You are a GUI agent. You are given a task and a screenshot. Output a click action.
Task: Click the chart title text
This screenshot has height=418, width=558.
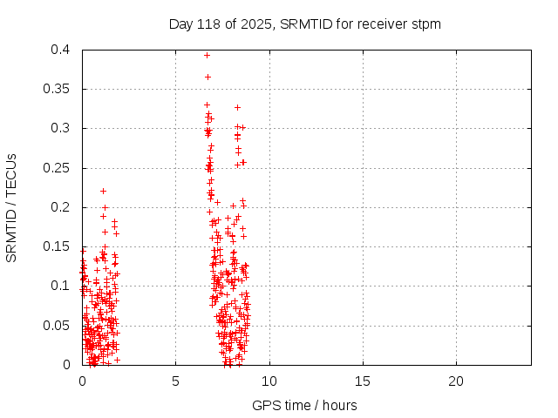(304, 24)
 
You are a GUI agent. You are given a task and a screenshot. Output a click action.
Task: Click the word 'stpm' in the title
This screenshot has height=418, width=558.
(426, 24)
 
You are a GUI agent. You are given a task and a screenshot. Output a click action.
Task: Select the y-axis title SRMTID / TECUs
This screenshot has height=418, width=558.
(12, 207)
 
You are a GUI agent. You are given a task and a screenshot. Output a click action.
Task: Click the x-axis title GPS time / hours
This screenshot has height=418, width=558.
(304, 405)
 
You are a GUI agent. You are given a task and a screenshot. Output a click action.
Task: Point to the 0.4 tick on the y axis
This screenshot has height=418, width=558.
(61, 50)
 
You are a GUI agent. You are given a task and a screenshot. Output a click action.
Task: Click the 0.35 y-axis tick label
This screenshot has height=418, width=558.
(58, 89)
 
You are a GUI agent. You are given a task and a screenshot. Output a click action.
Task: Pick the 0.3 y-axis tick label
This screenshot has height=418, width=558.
(61, 128)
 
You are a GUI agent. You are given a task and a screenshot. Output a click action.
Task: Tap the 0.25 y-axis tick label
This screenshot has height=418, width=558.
(58, 168)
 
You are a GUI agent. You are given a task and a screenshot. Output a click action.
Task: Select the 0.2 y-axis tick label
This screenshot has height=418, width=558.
(61, 207)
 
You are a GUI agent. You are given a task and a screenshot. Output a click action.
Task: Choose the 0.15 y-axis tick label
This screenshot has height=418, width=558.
(58, 246)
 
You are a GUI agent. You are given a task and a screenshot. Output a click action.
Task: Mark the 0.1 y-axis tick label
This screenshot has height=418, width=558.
(61, 286)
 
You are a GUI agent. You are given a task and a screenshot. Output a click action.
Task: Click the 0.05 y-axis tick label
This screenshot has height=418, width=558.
(58, 325)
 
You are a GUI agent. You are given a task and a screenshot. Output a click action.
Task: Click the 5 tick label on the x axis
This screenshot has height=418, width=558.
(175, 381)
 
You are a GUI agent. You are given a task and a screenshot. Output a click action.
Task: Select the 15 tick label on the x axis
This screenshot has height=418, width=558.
(362, 381)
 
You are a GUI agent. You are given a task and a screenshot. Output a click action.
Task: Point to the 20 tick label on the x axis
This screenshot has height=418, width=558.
(455, 381)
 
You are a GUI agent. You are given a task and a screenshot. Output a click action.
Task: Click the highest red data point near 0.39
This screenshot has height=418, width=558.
(207, 55)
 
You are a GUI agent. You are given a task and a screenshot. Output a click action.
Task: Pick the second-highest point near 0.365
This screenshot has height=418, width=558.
(208, 77)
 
